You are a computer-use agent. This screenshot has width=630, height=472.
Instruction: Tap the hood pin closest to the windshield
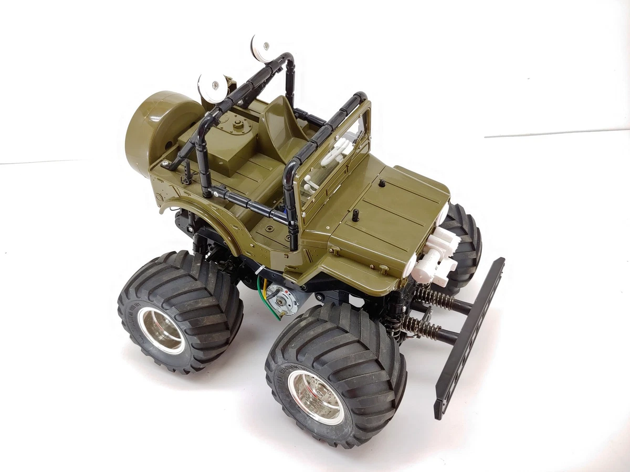pos(382,184)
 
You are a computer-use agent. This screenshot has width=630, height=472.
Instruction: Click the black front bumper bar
pos(470,336)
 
